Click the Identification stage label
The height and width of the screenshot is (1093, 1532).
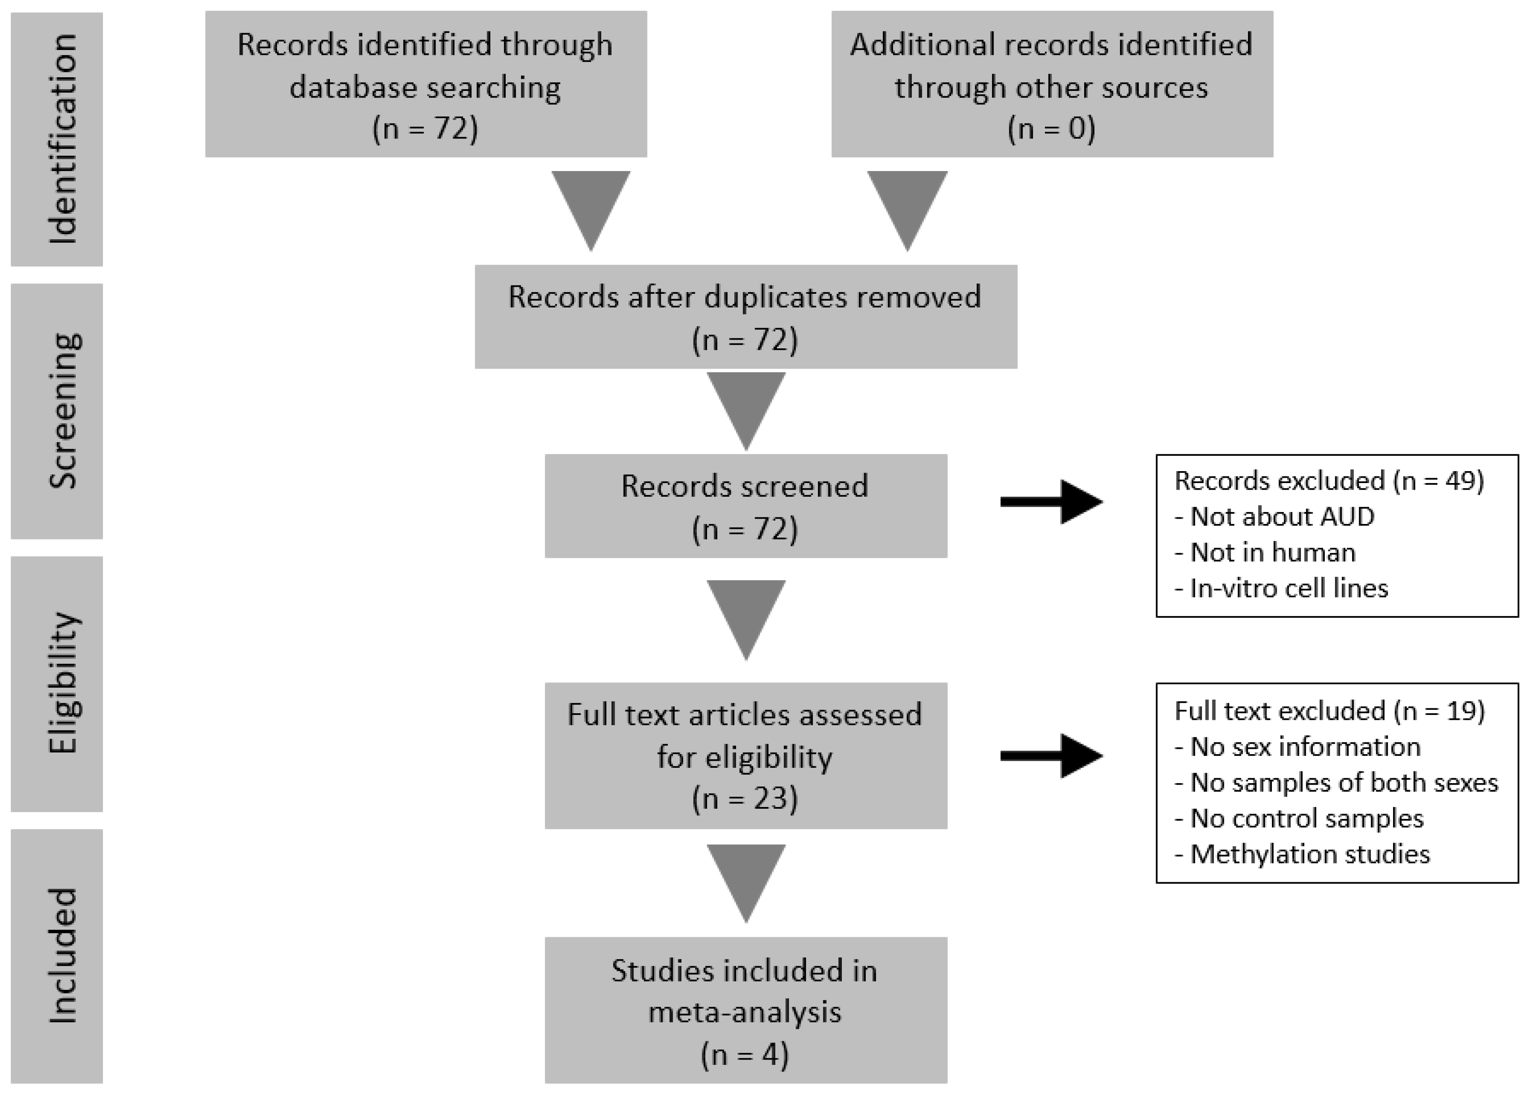(x=62, y=139)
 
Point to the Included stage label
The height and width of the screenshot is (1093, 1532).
(x=62, y=956)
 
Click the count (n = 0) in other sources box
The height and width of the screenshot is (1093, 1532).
(x=1051, y=128)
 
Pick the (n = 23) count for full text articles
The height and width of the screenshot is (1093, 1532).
(x=745, y=798)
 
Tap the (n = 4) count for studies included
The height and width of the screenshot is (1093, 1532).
(x=745, y=1054)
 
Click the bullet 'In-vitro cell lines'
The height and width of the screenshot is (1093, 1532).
(x=1281, y=588)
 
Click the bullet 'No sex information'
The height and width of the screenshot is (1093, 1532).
(x=1297, y=746)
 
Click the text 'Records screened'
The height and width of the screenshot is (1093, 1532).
(x=745, y=486)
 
